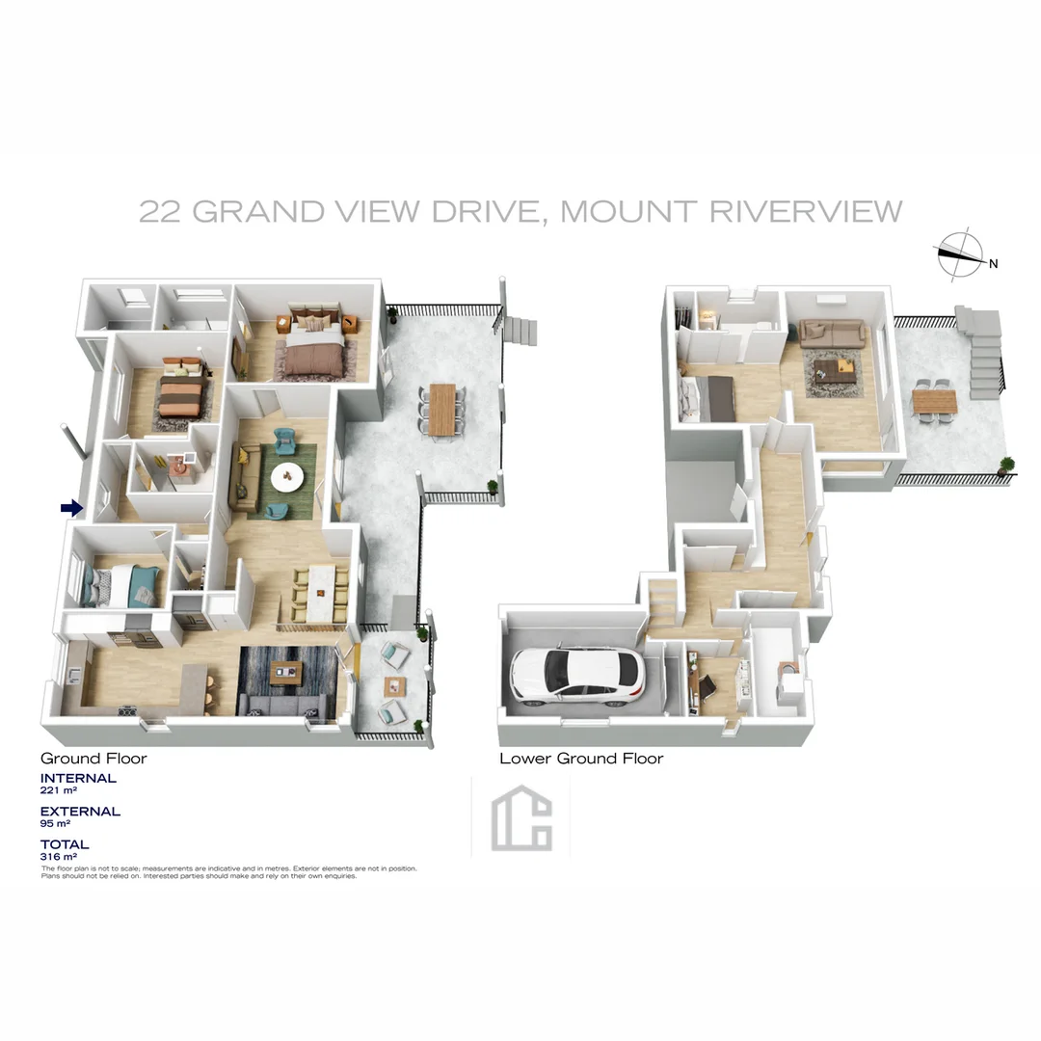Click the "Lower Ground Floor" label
point(581,759)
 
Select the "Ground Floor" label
point(93,759)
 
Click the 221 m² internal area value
point(58,790)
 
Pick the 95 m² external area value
point(56,824)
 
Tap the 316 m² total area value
point(58,856)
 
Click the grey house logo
point(521,822)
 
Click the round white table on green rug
point(287,476)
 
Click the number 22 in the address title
point(160,211)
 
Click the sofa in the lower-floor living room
point(831,333)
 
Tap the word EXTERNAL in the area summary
point(80,812)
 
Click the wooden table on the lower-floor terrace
point(934,398)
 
